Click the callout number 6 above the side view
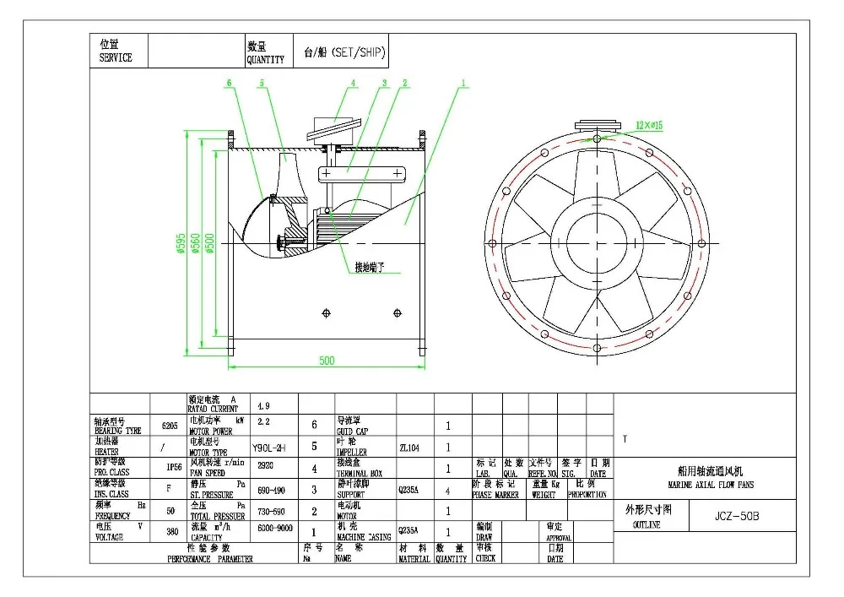pos(229,83)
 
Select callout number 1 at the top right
pos(463,83)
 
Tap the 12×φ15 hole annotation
pos(650,125)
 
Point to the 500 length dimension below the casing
pos(327,361)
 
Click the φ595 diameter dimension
pos(181,242)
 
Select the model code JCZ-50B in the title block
pos(725,515)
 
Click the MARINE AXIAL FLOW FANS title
pos(711,480)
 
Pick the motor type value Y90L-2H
pos(269,448)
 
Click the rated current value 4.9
pos(263,406)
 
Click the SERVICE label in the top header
pos(116,57)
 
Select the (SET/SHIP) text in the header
pos(354,51)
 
